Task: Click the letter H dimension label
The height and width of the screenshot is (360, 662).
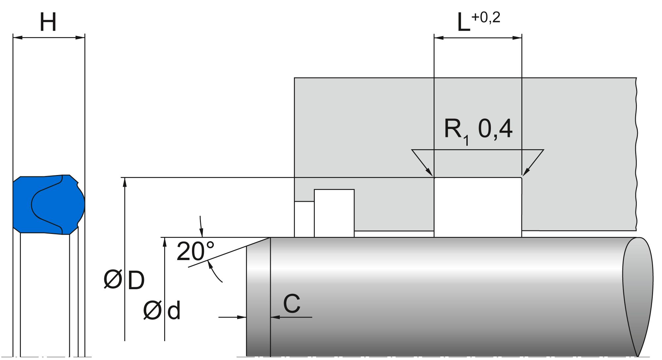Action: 48,22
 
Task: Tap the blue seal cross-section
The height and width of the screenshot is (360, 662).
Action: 49,204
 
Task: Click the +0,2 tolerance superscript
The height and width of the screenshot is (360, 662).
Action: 486,18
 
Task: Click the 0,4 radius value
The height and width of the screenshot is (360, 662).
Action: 496,129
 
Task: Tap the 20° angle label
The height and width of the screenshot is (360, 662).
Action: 196,251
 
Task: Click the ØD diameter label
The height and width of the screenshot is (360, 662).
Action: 124,280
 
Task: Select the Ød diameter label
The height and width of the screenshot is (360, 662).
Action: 162,310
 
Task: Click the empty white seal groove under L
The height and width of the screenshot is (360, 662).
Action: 478,207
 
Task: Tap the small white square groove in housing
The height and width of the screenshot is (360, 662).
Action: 334,213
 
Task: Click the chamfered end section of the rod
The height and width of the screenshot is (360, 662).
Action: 259,297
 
